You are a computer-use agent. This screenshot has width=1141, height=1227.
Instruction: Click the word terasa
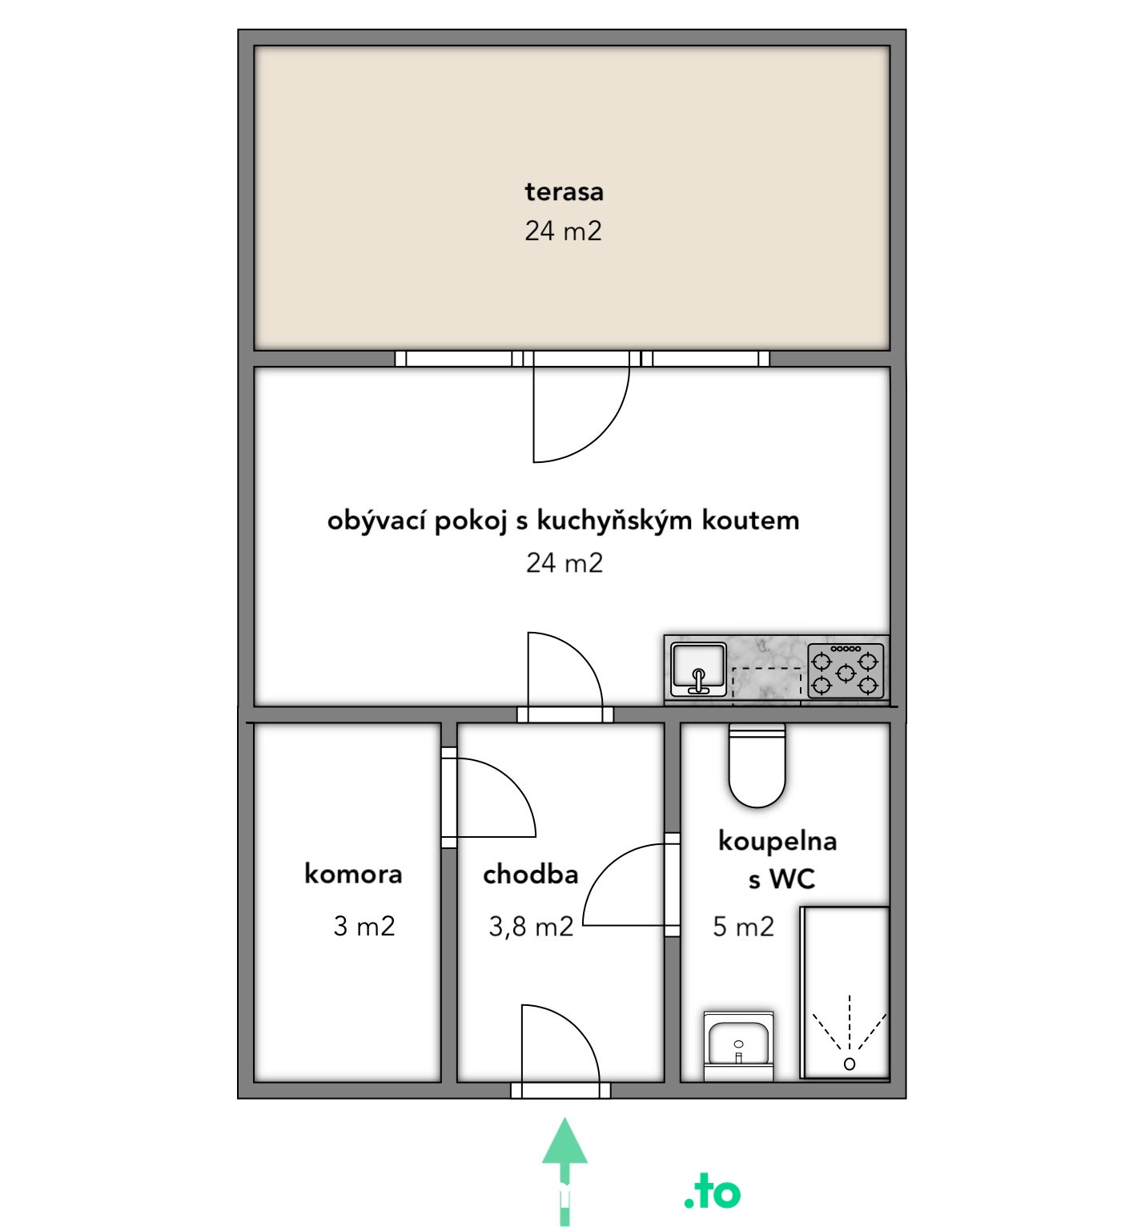click(x=564, y=191)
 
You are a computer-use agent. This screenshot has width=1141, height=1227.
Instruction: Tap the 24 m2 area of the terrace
click(x=563, y=231)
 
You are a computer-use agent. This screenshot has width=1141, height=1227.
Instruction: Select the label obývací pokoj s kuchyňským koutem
click(x=563, y=521)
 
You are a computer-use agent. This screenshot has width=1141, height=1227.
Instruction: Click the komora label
click(x=353, y=873)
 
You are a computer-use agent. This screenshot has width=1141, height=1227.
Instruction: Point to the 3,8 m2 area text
click(x=531, y=927)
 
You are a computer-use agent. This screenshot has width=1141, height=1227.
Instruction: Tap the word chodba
click(x=530, y=874)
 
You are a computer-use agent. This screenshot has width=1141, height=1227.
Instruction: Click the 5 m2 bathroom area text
click(x=743, y=927)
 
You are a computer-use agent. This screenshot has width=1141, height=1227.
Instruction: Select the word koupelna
click(x=777, y=841)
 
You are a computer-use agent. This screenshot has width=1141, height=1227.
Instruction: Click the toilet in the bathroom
click(x=757, y=764)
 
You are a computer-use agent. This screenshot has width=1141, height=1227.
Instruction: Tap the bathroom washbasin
click(x=738, y=1046)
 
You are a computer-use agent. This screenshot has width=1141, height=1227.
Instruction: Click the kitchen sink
click(x=699, y=669)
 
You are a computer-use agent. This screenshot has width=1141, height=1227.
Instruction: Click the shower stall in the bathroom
click(x=846, y=992)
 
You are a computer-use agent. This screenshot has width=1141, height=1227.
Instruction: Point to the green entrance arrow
click(x=564, y=1171)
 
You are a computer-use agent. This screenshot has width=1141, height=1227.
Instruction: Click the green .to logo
click(x=713, y=1193)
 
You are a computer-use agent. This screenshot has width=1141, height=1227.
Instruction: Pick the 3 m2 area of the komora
click(x=364, y=927)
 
